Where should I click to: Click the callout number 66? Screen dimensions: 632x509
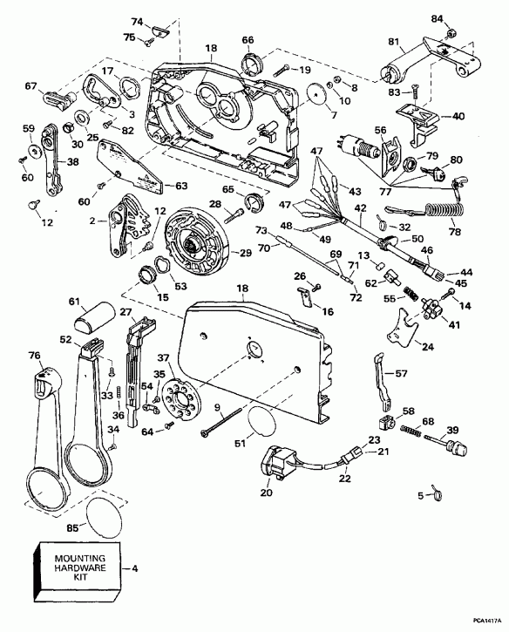point(247,39)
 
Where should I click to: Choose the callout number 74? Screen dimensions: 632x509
point(137,21)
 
